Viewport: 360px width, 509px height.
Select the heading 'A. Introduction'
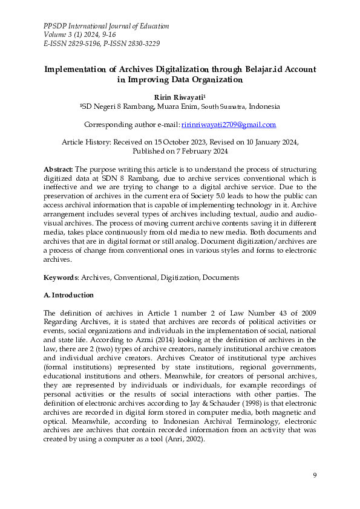tap(69, 295)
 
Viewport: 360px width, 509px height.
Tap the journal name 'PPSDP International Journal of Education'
tap(106, 27)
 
